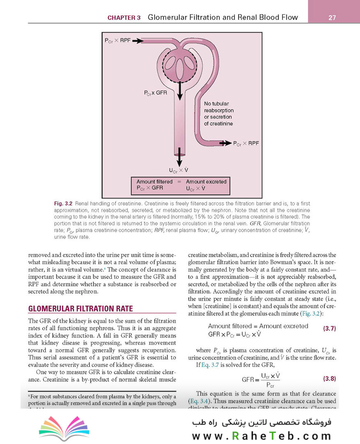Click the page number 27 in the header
pyautogui.click(x=333, y=18)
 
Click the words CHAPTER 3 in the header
pyautogui.click(x=124, y=18)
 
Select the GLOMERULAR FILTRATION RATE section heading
pyautogui.click(x=80, y=309)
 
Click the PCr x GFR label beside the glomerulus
pyautogui.click(x=155, y=93)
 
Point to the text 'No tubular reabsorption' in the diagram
pyautogui.click(x=219, y=107)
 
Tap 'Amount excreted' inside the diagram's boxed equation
pyautogui.click(x=206, y=181)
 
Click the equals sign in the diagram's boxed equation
pyautogui.click(x=179, y=181)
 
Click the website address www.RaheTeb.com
pyautogui.click(x=261, y=436)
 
